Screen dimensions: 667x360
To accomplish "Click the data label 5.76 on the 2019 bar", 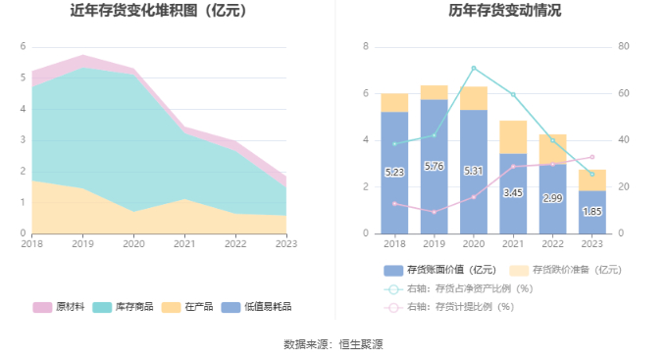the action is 434,167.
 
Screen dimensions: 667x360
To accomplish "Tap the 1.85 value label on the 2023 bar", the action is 592,212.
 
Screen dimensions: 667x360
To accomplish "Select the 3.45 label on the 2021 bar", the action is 513,193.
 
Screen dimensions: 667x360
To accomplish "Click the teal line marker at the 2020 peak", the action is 474,68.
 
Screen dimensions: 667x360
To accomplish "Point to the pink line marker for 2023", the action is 592,157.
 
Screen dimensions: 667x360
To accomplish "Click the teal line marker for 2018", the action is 394,144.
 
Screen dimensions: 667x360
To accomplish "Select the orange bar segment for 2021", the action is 513,137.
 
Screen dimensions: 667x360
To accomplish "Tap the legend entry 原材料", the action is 59,307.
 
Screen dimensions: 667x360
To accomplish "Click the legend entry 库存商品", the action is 123,307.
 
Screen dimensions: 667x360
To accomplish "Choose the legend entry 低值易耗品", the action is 257,307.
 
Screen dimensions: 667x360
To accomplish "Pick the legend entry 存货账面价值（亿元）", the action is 439,270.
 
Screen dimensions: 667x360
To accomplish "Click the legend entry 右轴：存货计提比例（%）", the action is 449,307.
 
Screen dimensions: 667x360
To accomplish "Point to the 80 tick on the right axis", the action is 623,46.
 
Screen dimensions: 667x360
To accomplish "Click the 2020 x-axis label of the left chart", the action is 133,244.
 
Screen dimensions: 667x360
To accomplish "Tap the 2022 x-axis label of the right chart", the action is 552,244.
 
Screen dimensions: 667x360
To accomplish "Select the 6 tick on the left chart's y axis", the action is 23,46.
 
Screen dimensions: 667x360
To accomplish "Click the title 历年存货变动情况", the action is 504,10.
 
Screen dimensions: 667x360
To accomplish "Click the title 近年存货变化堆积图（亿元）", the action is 158,10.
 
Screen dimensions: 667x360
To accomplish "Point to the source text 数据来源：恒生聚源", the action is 333,344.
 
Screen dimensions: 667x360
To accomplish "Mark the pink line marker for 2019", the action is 434,212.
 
